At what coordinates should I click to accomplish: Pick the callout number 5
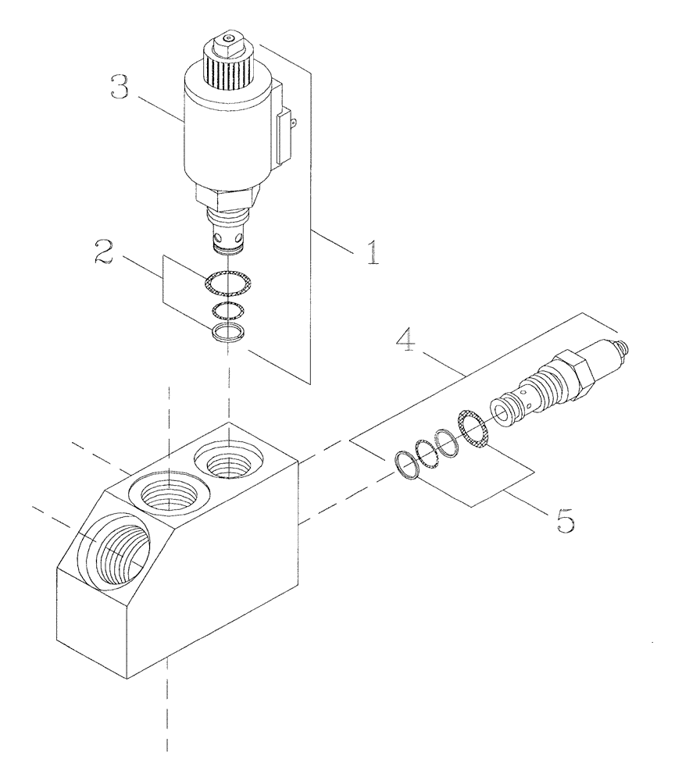(565, 519)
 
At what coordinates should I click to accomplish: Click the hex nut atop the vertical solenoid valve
(227, 41)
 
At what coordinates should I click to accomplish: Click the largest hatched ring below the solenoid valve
(227, 282)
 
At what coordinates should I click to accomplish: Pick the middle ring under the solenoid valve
(227, 310)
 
